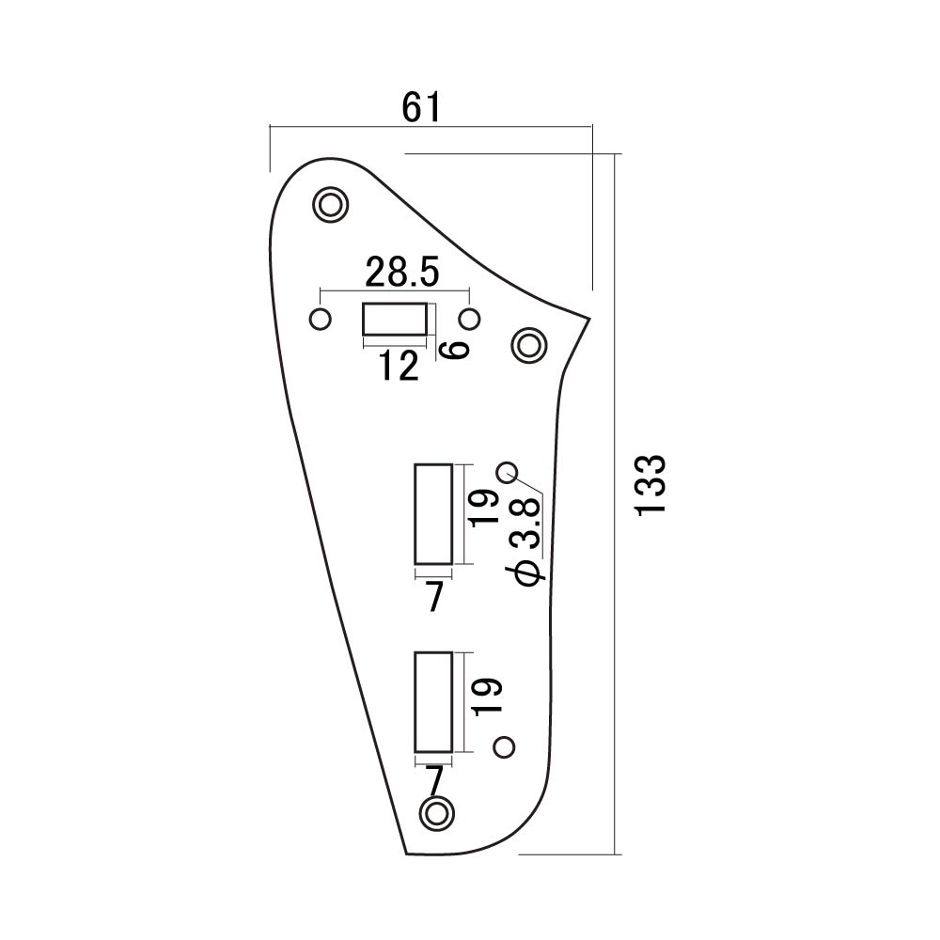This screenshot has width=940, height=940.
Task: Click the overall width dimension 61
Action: [421, 108]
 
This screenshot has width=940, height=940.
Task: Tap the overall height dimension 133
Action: [650, 486]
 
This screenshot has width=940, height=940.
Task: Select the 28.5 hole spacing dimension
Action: [401, 272]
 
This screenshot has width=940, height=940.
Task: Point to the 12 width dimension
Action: [399, 366]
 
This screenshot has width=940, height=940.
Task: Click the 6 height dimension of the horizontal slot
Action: [454, 350]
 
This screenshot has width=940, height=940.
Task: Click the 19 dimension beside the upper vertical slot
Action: [486, 508]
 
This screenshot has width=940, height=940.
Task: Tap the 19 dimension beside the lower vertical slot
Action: [486, 697]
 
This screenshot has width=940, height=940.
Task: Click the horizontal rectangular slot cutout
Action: [395, 319]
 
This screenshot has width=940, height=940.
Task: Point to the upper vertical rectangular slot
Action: [433, 514]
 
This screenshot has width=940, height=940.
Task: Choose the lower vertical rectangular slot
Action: [433, 702]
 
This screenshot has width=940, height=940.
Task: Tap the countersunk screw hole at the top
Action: [330, 205]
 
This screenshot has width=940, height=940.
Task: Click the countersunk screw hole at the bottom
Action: [436, 813]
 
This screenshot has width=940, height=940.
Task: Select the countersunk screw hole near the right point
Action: [529, 345]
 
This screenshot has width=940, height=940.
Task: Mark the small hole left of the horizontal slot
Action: [320, 319]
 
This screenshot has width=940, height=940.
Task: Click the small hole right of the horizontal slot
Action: [469, 319]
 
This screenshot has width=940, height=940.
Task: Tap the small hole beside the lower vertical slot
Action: [504, 747]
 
